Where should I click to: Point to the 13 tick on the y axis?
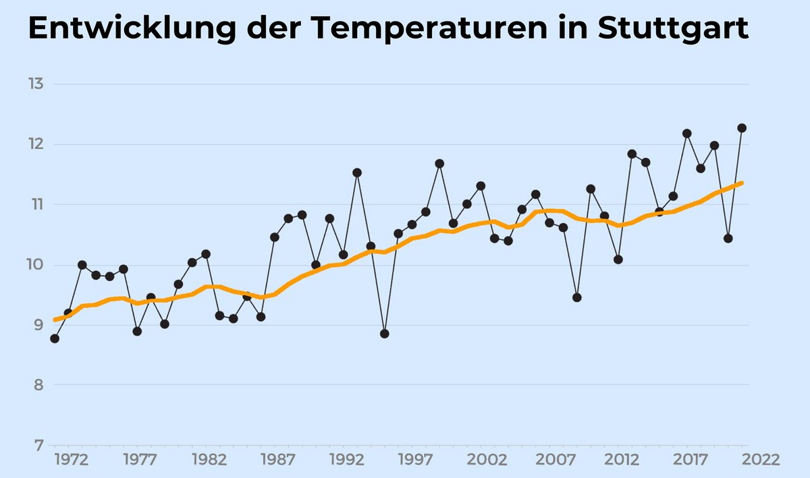[x=36, y=84]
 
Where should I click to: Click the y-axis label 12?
[x=36, y=144]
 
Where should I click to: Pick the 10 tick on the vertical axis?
[x=36, y=265]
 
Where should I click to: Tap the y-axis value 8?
[x=38, y=386]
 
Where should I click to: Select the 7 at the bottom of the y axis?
[x=38, y=446]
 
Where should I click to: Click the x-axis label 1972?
[x=72, y=460]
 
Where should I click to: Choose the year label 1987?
[x=278, y=460]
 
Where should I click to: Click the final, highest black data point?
[x=742, y=128]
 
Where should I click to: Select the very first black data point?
[x=55, y=338]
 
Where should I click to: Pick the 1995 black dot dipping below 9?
[x=385, y=334]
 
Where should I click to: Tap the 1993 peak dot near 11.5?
[x=357, y=173]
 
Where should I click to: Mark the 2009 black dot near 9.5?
[x=577, y=297]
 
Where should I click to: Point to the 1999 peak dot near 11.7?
[x=439, y=163]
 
